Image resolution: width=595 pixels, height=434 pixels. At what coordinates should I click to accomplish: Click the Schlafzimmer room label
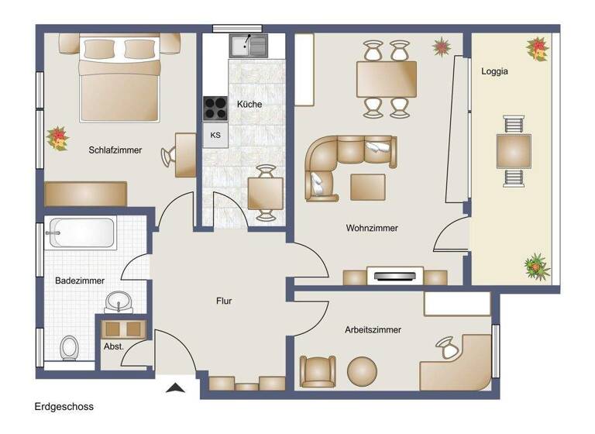tap(115, 150)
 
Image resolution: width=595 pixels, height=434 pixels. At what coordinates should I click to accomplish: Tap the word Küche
tap(249, 104)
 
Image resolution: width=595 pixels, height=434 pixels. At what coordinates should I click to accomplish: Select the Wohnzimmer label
tap(372, 229)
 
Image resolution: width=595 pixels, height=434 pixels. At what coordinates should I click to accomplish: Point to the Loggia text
tap(494, 71)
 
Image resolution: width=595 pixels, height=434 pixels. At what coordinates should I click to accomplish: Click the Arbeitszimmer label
tap(373, 329)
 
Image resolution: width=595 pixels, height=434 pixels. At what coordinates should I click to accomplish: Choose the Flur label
tap(224, 301)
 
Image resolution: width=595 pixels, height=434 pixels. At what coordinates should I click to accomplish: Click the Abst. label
tap(114, 346)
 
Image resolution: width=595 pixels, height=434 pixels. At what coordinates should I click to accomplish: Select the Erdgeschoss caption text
tap(64, 406)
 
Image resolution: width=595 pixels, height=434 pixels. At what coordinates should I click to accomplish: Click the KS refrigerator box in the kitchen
tap(215, 136)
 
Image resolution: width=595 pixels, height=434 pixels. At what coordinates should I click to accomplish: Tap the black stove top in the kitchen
tap(215, 108)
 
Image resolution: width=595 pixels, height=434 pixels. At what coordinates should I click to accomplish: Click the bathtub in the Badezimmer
tap(81, 232)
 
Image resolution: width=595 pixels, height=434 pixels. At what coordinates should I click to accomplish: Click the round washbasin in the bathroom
tap(118, 301)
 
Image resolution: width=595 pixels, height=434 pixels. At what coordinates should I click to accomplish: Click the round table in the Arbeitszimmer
tap(361, 370)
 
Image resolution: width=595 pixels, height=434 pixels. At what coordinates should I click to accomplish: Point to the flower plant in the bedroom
tap(57, 139)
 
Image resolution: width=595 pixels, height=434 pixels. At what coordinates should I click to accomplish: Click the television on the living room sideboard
tap(394, 274)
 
